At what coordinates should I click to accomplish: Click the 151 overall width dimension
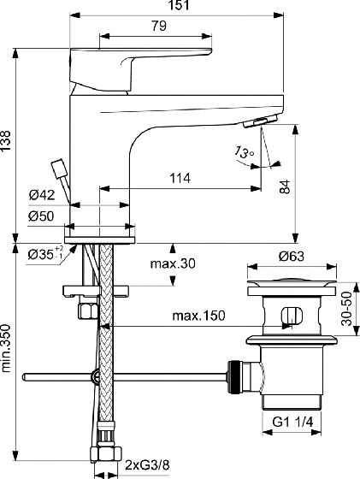pos(179,5)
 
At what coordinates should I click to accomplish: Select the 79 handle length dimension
pos(159,26)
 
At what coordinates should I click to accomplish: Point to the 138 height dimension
pos(6,141)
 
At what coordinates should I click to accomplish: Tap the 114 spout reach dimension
pos(180,178)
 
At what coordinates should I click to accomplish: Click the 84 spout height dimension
pos(285,186)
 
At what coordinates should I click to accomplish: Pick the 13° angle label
pos(245,152)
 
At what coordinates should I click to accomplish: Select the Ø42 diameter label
pos(42,195)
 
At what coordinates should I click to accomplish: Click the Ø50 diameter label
pos(41,216)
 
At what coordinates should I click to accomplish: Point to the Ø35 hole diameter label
pos(45,253)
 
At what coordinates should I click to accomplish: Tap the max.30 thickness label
pos(173,263)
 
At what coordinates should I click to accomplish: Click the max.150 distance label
pos(198,316)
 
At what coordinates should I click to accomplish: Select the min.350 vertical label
pos(6,349)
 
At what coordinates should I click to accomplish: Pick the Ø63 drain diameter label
pos(292,257)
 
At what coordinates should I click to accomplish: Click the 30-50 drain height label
pos(346,309)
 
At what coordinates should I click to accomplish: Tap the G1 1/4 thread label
pos(292,423)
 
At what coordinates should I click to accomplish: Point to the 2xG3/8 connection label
pos(147,465)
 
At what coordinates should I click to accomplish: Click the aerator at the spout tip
pos(260,121)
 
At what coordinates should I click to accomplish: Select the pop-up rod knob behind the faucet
pos(59,168)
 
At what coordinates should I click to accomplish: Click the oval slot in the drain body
pos(292,316)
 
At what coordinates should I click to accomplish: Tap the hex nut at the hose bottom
pos(106,455)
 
